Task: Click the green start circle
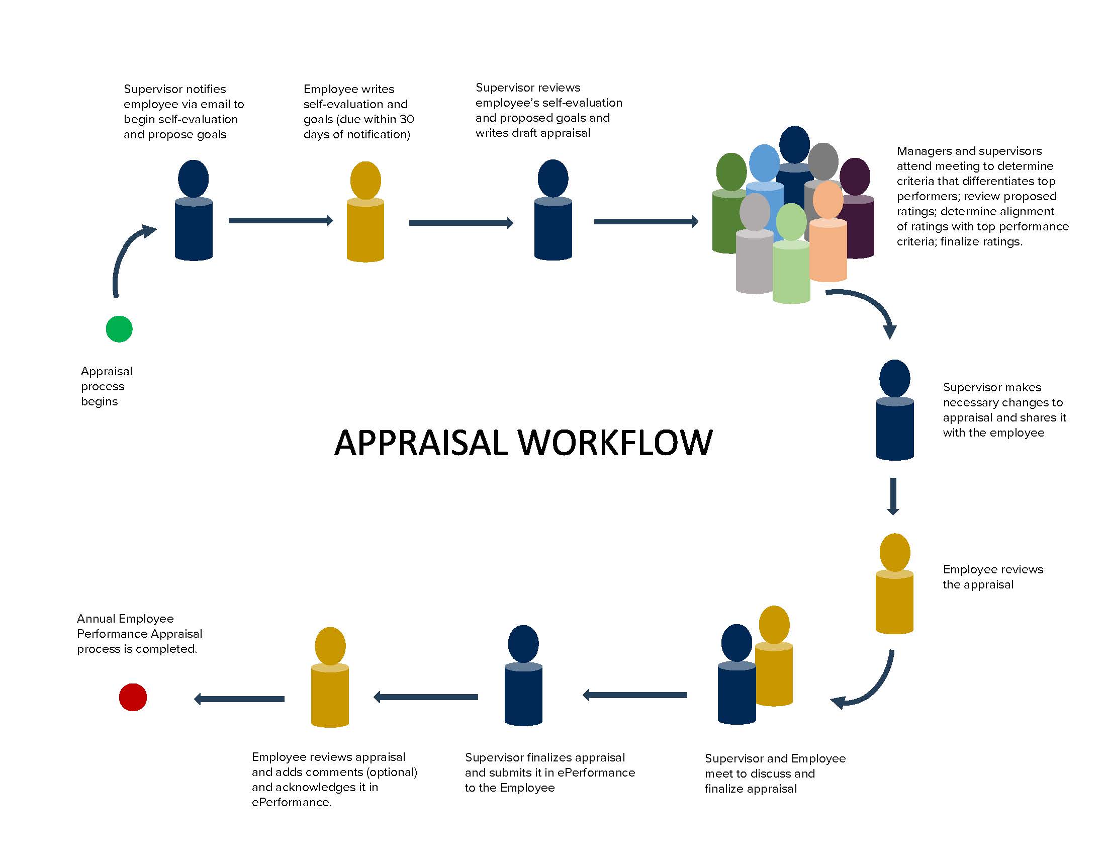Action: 119,329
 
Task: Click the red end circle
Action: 133,697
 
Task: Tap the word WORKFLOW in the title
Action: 615,442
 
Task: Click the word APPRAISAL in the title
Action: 420,442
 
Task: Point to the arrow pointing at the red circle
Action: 239,699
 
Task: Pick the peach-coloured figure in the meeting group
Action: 828,238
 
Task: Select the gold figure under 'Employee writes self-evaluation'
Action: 365,213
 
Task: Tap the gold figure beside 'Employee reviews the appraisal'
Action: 894,585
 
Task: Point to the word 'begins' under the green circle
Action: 99,401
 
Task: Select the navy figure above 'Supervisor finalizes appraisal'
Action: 523,676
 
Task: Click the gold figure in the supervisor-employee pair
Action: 774,658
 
